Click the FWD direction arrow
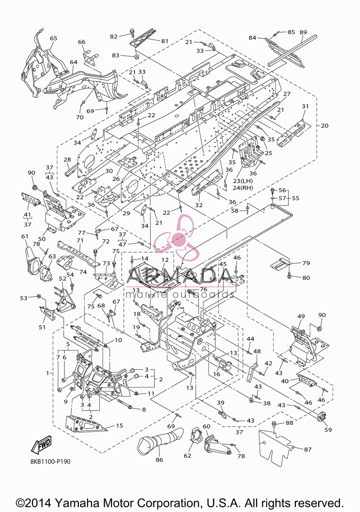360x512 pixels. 41,445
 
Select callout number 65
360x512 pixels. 54,38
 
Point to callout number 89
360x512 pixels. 303,32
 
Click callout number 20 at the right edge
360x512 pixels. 325,126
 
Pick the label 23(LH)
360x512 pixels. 243,181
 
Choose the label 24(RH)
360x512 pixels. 243,188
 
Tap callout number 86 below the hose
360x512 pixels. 159,460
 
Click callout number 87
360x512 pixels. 308,450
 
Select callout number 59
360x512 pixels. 328,430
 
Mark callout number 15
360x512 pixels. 120,426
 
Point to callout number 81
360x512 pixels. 165,41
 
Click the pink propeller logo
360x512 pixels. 176,239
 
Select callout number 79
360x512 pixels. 306,263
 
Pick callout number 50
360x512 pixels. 42,239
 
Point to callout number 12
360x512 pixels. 165,260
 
